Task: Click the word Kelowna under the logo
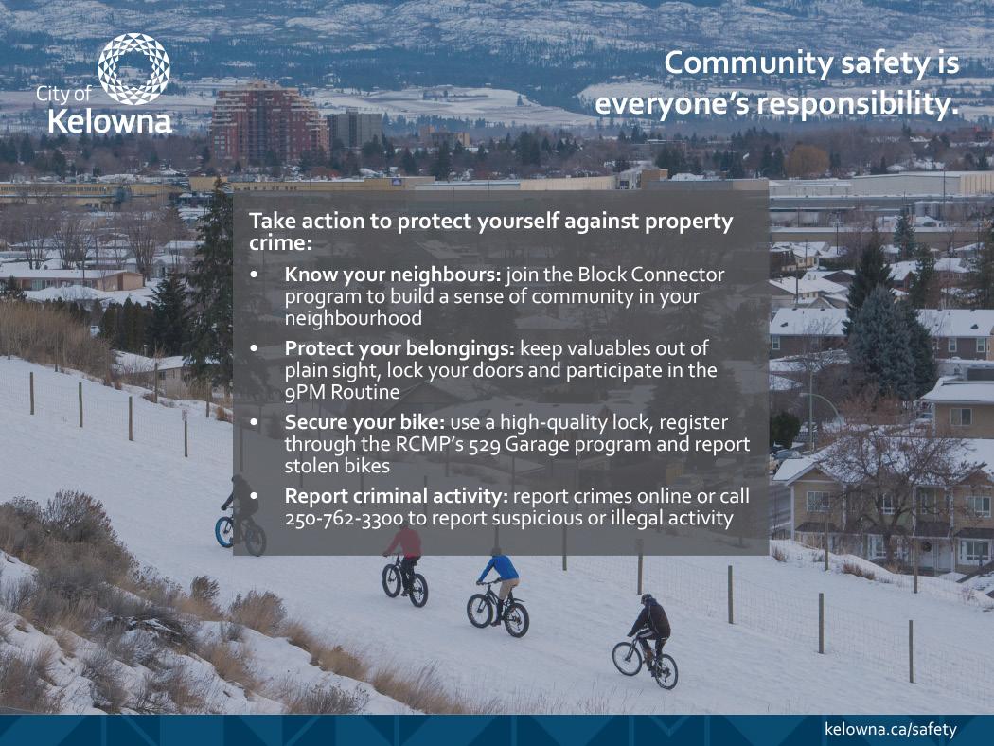pyautogui.click(x=110, y=122)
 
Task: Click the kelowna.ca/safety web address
pyautogui.click(x=890, y=729)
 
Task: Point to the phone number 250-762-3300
pyautogui.click(x=344, y=519)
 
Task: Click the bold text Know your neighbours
pyautogui.click(x=393, y=275)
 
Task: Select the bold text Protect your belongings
pyautogui.click(x=399, y=349)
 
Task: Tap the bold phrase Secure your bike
pyautogui.click(x=364, y=423)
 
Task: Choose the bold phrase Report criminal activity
pyautogui.click(x=397, y=496)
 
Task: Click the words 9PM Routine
pyautogui.click(x=343, y=392)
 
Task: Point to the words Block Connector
pyautogui.click(x=651, y=275)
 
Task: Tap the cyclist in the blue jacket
pyautogui.click(x=500, y=590)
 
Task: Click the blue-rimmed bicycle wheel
pyautogui.click(x=224, y=531)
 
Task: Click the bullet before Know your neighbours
pyautogui.click(x=255, y=275)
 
